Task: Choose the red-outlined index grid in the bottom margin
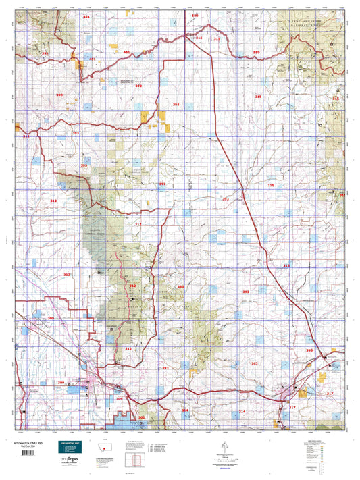click(137, 462)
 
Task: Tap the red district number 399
click(45, 53)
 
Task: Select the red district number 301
click(141, 417)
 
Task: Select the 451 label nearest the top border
click(86, 16)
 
